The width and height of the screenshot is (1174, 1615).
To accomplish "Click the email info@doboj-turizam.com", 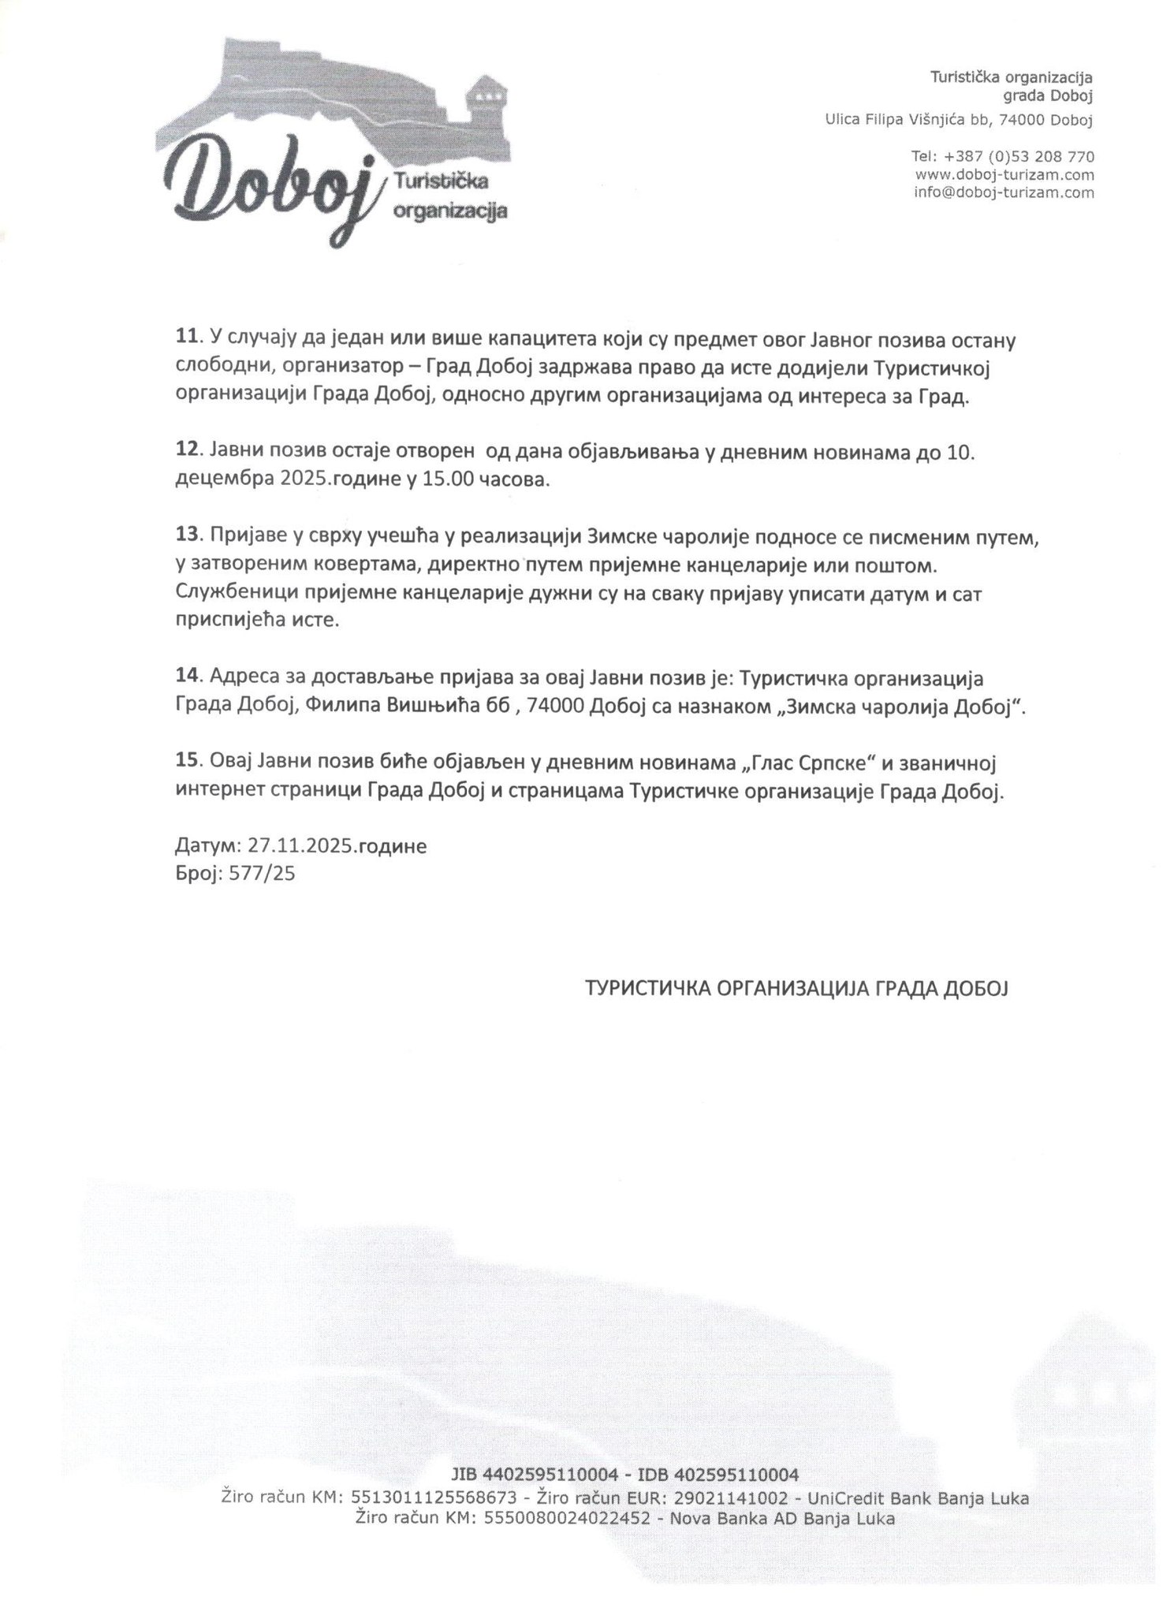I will (1004, 192).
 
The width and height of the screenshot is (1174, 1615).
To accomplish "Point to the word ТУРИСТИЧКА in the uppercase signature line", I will (647, 988).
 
